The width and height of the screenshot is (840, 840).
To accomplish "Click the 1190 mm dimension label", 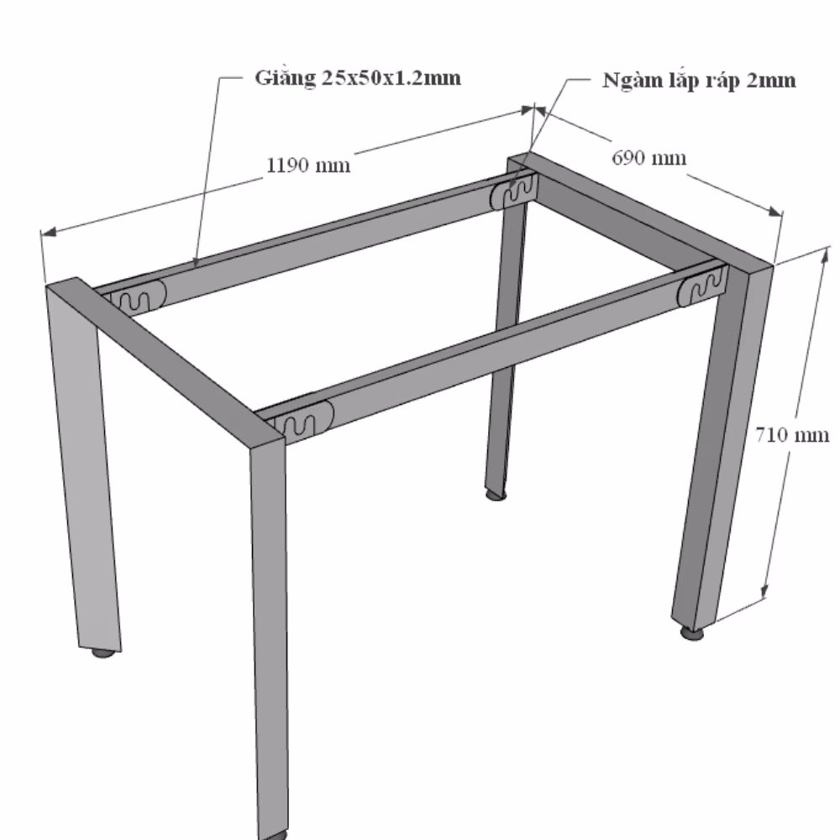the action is coord(308,165).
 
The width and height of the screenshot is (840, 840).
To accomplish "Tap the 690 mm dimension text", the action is coord(648,158).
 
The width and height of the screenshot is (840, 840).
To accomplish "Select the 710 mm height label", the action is coord(792,434).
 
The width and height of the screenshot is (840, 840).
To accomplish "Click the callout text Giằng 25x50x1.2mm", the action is coord(358,78).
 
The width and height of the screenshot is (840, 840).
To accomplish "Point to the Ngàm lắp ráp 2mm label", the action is coord(699,81).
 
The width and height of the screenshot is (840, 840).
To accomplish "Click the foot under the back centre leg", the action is coord(496,496).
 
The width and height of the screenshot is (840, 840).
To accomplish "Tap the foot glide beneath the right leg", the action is coord(693,634).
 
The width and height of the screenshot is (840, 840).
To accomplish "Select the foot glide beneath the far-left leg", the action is coord(102,653).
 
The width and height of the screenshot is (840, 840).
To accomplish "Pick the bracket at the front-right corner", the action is coord(703,286).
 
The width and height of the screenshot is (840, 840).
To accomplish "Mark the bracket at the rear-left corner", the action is coord(139,297).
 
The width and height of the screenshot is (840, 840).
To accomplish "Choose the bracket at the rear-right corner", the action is coord(513,189).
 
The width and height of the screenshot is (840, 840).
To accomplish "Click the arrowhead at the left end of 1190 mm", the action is coord(48,232).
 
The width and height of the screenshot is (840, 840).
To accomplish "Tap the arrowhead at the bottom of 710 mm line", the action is coord(764,590).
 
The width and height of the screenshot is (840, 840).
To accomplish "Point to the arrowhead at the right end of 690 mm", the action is coord(774,211).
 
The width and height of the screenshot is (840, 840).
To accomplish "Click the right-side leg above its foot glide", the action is coord(721,444).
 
